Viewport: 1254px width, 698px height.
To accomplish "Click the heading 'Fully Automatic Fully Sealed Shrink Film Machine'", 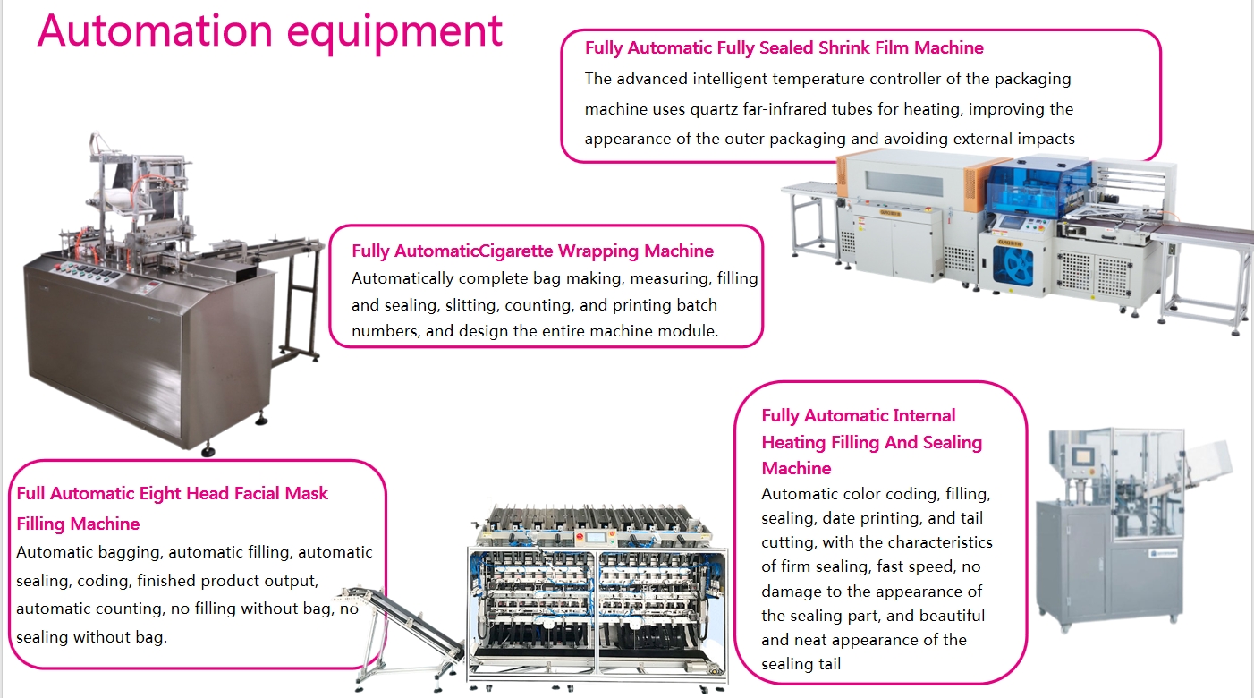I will click(784, 48).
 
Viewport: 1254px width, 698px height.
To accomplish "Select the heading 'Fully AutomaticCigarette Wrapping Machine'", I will click(532, 251).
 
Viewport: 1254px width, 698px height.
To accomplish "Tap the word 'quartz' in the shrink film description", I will click(715, 109).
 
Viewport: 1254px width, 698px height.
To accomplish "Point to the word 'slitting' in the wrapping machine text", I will click(467, 305).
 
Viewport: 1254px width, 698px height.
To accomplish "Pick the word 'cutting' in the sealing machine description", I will click(788, 542).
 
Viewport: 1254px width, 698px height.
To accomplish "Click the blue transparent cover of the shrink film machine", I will click(1038, 187).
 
